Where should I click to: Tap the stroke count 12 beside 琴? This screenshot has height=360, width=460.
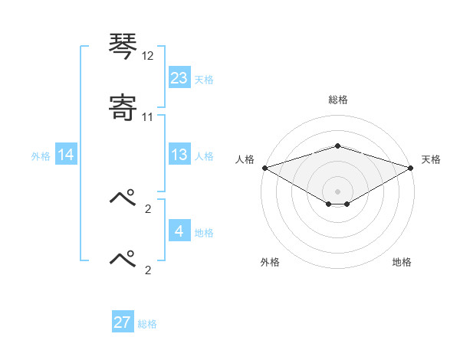[x=148, y=57]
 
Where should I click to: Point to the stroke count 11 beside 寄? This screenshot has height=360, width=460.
[x=148, y=117]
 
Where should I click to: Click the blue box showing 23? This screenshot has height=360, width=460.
[x=179, y=78]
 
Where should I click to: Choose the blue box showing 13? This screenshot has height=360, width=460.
[x=179, y=155]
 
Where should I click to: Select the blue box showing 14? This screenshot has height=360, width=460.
[x=66, y=155]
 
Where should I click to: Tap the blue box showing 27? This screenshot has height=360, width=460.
[x=123, y=322]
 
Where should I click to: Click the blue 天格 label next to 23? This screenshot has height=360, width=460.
[x=204, y=79]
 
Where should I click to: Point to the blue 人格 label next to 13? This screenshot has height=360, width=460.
[x=204, y=155]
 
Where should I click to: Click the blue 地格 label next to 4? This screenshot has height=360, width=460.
[x=204, y=233]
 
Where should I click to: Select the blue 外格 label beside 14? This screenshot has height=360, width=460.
[x=41, y=155]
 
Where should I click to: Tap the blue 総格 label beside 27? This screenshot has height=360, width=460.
[x=147, y=323]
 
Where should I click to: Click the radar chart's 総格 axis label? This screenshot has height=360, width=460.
[x=337, y=100]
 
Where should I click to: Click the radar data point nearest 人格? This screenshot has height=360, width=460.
[x=264, y=168]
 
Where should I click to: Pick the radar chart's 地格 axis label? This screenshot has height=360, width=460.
[x=402, y=262]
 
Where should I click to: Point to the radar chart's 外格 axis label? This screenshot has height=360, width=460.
[x=270, y=262]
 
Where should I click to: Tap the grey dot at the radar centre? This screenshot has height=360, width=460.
[x=337, y=191]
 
